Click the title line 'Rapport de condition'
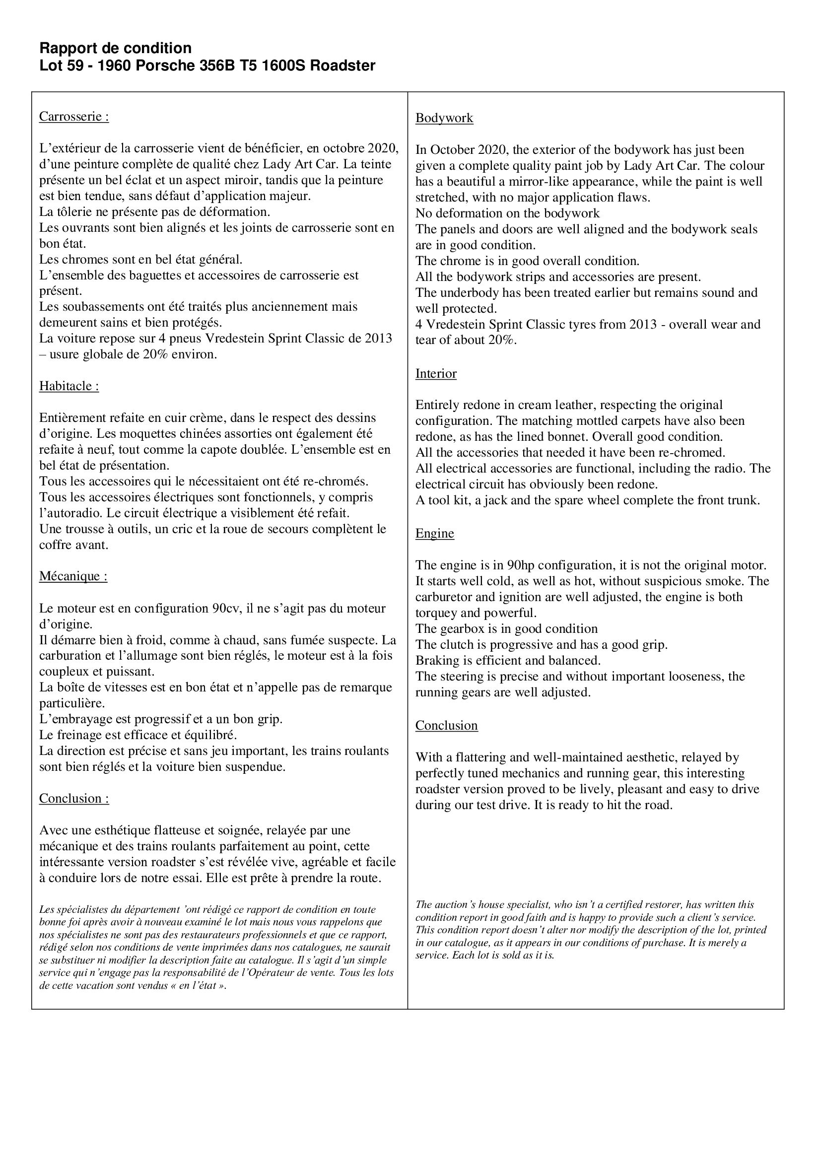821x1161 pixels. click(115, 48)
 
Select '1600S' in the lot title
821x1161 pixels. click(281, 66)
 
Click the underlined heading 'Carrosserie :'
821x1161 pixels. click(74, 116)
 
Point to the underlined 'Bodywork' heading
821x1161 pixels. click(444, 118)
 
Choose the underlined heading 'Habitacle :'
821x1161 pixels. click(69, 386)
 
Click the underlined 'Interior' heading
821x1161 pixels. click(436, 373)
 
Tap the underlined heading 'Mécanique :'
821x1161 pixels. click(73, 576)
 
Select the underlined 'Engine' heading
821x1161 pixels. click(434, 533)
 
